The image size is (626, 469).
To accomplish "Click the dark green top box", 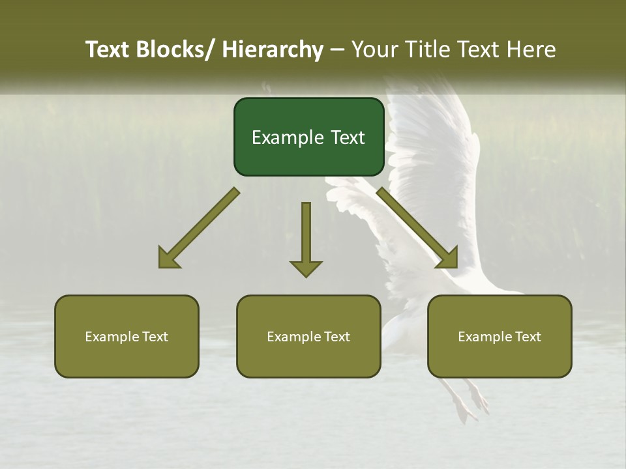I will pyautogui.click(x=308, y=137).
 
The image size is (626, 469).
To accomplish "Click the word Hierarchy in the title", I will pyautogui.click(x=273, y=50).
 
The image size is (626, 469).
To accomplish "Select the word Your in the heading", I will pyautogui.click(x=374, y=50).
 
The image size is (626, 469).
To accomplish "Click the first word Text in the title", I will pyautogui.click(x=108, y=50).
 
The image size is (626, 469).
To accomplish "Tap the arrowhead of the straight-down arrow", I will pyautogui.click(x=306, y=268).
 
